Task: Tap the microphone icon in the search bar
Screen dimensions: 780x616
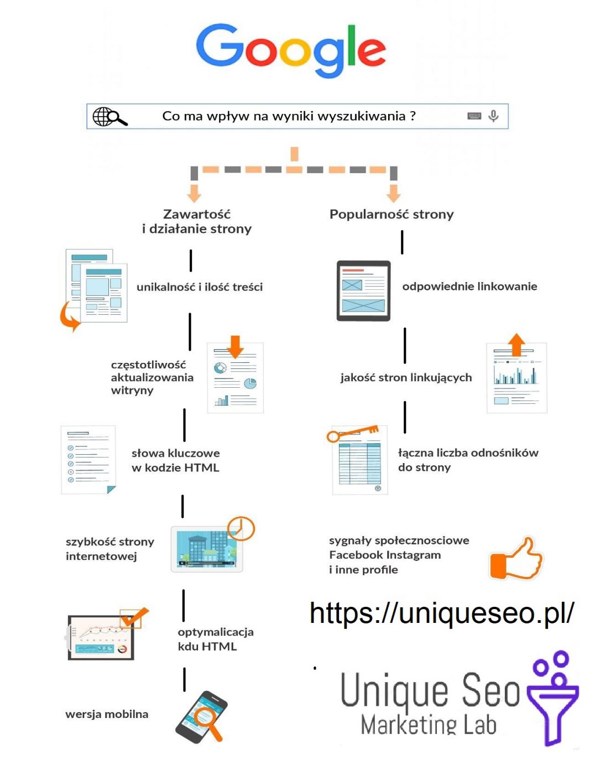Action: pos(493,116)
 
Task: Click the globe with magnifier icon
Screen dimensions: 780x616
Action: pos(109,117)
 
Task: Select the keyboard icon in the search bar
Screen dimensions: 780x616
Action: pos(474,116)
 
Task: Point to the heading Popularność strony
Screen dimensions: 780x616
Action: pos(391,214)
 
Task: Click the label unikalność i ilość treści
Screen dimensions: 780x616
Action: pos(200,287)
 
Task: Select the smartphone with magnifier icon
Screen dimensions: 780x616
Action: pos(202,717)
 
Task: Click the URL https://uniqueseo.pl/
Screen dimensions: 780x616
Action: pos(442,613)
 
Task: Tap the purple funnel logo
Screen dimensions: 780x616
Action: pos(553,698)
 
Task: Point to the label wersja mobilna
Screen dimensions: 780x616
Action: pos(107,714)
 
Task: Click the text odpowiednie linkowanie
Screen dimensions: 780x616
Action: pos(469,286)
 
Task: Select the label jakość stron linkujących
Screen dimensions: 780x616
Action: pos(406,377)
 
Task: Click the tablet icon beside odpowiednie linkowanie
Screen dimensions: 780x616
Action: pos(363,291)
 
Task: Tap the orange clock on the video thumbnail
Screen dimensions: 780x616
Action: pos(241,529)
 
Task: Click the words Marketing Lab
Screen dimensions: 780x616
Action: pos(429,725)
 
